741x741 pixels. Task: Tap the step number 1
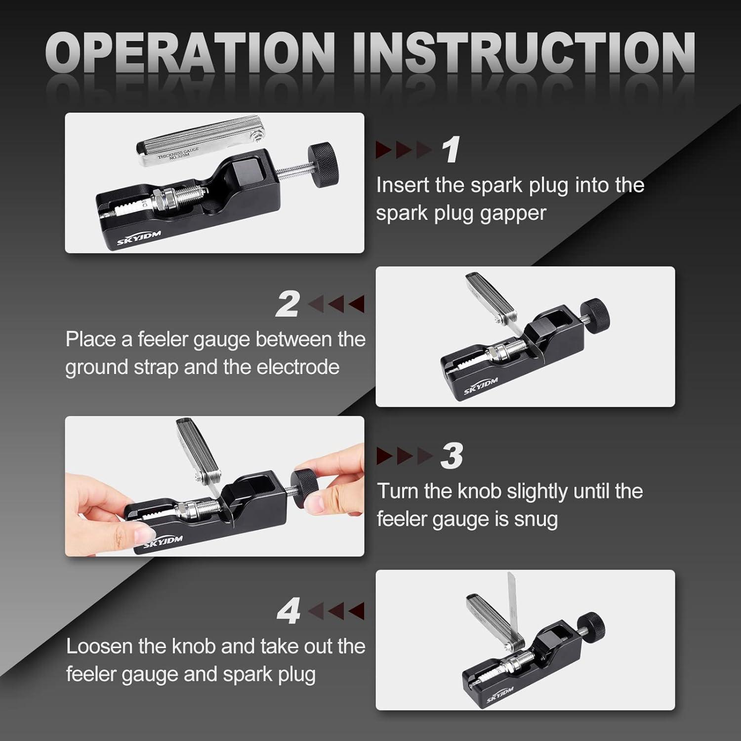[x=451, y=150]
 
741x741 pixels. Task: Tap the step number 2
[x=288, y=304]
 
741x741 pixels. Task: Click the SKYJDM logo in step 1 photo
[x=139, y=239]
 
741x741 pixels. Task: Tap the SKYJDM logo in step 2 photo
[x=481, y=387]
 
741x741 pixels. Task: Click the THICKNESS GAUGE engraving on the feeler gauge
[x=179, y=153]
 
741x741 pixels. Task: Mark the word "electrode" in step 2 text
[x=297, y=368]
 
